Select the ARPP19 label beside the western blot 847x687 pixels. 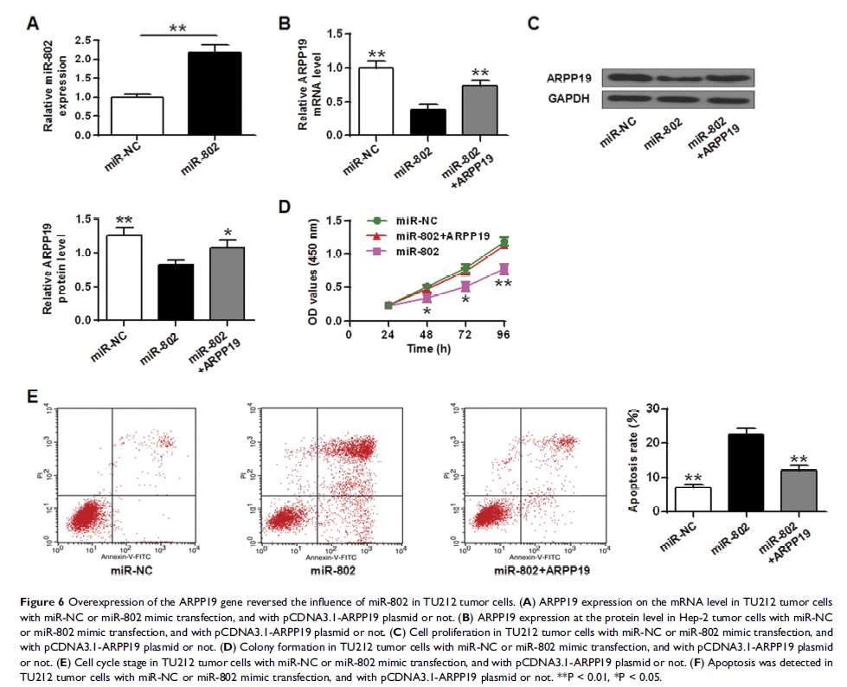568,77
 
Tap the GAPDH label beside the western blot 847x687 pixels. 568,99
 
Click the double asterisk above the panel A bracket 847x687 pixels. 178,29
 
